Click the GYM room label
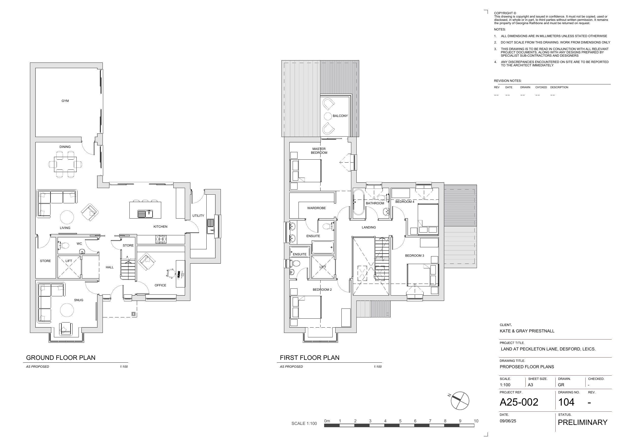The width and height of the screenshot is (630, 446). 65,101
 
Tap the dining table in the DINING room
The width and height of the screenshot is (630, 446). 65,164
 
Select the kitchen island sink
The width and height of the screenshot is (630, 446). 145,214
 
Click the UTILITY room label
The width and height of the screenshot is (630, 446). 198,216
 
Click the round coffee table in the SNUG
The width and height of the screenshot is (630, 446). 67,310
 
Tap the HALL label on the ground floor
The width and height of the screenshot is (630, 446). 109,267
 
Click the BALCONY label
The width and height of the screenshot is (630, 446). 340,116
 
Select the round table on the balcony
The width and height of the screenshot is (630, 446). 328,116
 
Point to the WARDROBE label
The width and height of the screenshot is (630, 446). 316,208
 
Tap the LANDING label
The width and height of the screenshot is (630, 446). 369,227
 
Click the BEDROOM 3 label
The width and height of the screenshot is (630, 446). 414,256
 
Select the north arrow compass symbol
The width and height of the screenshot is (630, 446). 460,401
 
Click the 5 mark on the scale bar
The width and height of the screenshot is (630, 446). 400,421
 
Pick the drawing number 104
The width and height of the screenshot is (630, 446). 566,402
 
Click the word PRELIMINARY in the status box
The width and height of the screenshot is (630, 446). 583,422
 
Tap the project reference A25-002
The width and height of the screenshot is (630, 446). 519,402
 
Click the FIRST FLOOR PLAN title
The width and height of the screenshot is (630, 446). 309,358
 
